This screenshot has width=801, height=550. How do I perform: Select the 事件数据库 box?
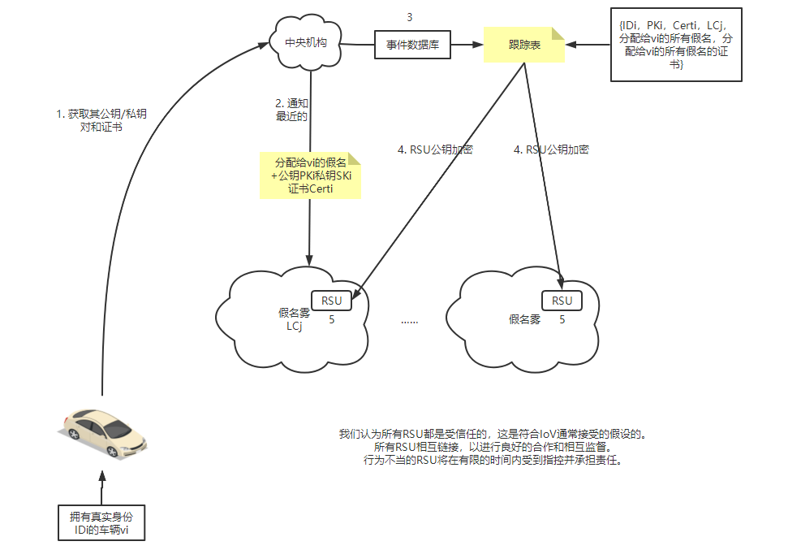(412, 46)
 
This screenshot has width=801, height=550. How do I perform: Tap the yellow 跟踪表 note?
(524, 46)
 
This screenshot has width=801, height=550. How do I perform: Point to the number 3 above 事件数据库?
(410, 16)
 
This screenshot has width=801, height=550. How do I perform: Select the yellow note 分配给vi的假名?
(310, 175)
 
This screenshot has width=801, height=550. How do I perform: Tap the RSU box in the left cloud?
(332, 301)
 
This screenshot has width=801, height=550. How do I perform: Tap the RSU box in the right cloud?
(562, 301)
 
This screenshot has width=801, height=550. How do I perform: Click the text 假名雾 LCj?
(294, 319)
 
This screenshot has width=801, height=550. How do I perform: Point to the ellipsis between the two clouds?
(409, 321)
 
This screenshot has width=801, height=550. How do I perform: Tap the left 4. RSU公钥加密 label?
(435, 149)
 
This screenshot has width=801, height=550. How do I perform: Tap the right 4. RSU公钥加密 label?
(551, 149)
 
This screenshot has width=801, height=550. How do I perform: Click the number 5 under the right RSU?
(562, 320)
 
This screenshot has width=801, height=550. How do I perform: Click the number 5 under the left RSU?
(332, 320)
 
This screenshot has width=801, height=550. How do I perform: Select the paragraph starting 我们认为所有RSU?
(493, 447)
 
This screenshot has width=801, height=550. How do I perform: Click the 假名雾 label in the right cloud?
(524, 320)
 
